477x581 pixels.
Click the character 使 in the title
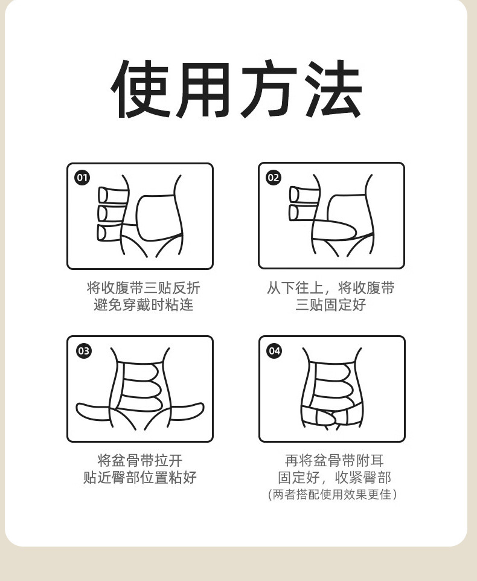click(141, 89)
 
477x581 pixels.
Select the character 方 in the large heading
click(269, 89)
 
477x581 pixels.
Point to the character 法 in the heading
click(334, 89)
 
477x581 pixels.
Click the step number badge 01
click(82, 178)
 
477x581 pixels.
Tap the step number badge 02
click(274, 178)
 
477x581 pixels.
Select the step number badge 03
click(83, 350)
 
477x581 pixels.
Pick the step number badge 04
click(274, 350)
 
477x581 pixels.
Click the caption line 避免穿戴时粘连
click(144, 304)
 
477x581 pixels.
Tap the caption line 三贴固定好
click(331, 304)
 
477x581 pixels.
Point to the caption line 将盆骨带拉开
click(140, 461)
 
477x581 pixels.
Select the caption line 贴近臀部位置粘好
click(140, 477)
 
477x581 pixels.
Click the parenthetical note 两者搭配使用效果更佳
click(332, 494)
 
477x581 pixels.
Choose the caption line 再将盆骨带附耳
click(335, 461)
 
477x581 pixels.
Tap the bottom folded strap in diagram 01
click(111, 233)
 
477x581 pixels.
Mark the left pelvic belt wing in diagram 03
click(93, 412)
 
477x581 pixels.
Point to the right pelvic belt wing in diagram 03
click(187, 411)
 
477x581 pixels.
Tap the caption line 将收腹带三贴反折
click(144, 288)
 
